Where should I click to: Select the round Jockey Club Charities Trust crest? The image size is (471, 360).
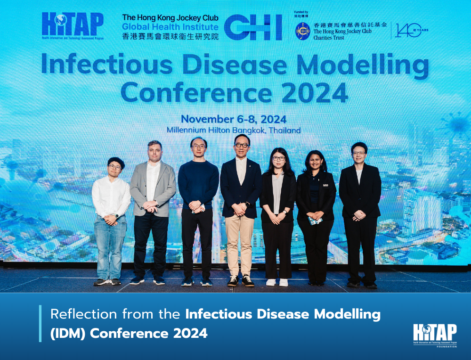pos(302,31)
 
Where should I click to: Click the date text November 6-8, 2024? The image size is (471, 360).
pos(233,119)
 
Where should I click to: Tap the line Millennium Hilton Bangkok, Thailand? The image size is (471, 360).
pos(233,130)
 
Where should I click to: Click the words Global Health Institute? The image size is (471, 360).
pos(170,27)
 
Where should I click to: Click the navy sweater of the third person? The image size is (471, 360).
pos(198,184)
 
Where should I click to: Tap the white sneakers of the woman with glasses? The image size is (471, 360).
pos(277,282)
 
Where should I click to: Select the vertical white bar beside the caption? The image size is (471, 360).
pos(41,323)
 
